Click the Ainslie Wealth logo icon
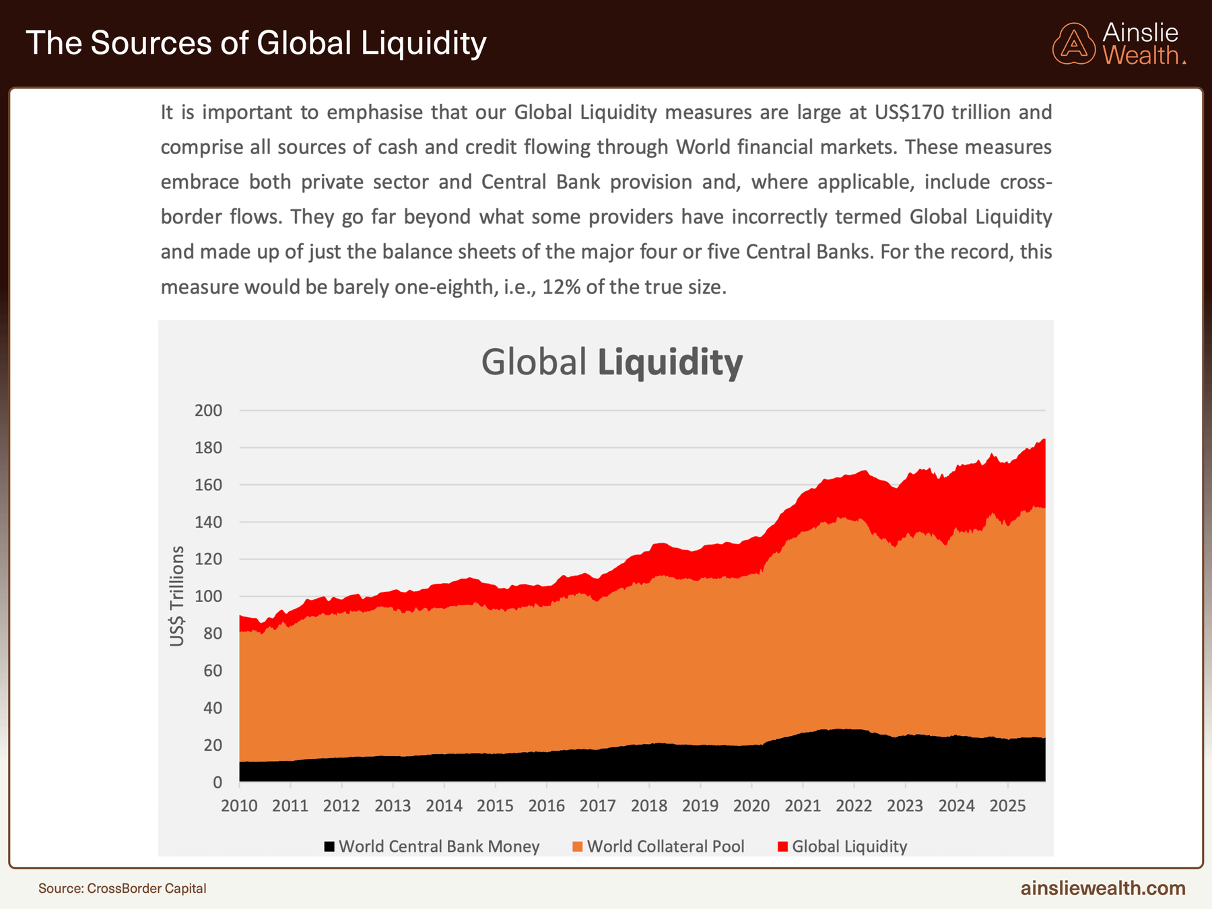click(x=1074, y=44)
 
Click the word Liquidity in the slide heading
click(x=424, y=43)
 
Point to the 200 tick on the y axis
click(x=208, y=411)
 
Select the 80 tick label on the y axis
click(x=212, y=634)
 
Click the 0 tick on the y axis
click(x=217, y=782)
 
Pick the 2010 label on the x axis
click(x=239, y=806)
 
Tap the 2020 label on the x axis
click(x=751, y=806)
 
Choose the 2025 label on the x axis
click(x=1007, y=806)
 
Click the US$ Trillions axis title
click(x=177, y=596)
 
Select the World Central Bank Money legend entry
click(x=438, y=846)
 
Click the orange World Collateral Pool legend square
click(x=577, y=846)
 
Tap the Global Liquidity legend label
click(x=849, y=846)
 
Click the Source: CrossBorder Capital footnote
click(x=123, y=888)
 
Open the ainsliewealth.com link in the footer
click(x=1103, y=888)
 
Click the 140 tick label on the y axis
click(x=208, y=522)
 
